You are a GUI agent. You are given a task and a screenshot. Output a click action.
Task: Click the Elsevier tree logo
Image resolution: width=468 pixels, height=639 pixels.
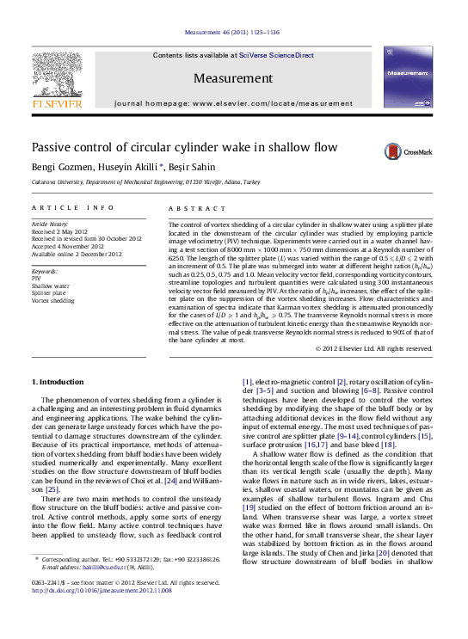click(57, 79)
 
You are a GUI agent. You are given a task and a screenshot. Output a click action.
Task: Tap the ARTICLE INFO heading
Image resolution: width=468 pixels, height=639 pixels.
click(72, 208)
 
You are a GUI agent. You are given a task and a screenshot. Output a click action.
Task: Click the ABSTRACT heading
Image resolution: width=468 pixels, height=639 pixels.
click(191, 208)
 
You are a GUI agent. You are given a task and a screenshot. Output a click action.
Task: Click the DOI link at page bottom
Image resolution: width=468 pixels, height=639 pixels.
click(102, 591)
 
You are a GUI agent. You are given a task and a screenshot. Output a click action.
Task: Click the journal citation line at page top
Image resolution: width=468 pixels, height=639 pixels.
click(233, 32)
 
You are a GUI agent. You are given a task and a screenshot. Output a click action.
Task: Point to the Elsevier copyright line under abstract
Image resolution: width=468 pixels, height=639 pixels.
click(385, 348)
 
